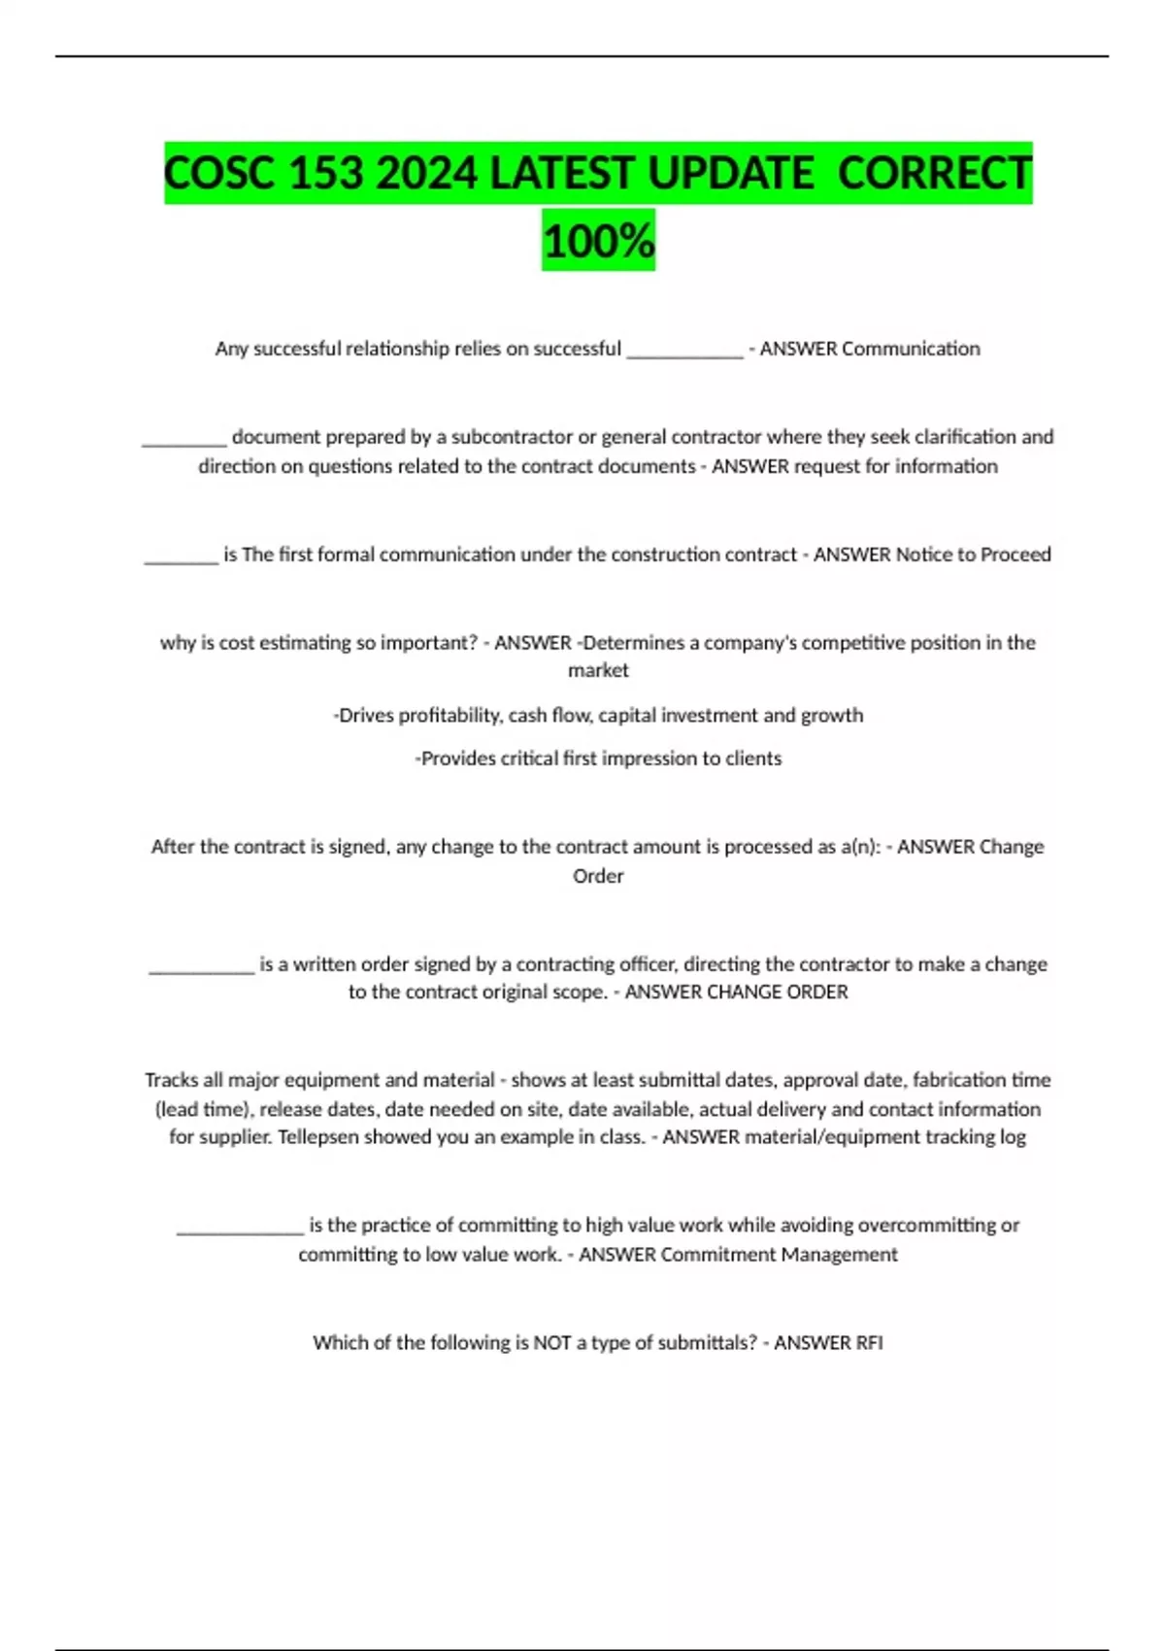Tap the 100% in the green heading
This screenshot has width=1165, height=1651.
[598, 241]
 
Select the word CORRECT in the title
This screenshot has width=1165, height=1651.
[934, 175]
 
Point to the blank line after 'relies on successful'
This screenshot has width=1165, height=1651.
[684, 352]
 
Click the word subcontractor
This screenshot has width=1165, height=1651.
[512, 437]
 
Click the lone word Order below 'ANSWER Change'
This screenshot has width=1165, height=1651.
[598, 876]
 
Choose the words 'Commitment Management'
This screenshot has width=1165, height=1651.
[779, 1255]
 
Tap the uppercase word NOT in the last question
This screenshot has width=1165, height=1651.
[551, 1343]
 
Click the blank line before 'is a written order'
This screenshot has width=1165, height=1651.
[201, 967]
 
